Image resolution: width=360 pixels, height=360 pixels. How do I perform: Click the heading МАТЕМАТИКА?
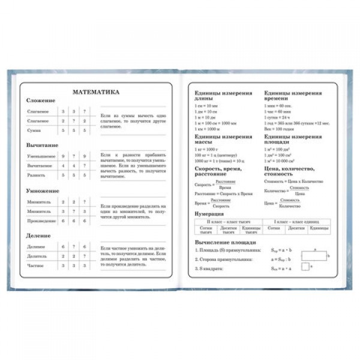click(96, 92)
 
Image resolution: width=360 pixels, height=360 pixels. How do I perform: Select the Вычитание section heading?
click(43, 146)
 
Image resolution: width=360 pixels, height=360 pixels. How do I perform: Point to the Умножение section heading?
click(43, 191)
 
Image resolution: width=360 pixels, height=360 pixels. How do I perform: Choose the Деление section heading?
click(39, 236)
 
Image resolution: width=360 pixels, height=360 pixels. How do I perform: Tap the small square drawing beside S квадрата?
click(306, 267)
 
